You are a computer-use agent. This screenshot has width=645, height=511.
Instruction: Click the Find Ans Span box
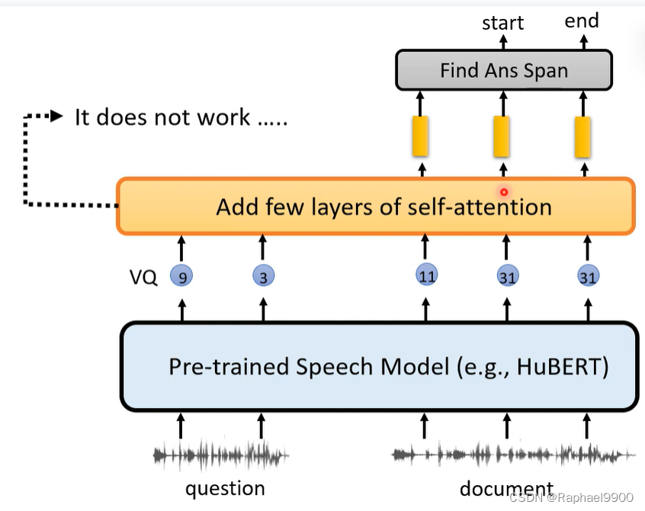pyautogui.click(x=503, y=71)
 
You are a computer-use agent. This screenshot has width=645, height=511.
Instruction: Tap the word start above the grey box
pyautogui.click(x=502, y=23)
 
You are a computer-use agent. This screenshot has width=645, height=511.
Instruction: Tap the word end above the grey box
pyautogui.click(x=581, y=21)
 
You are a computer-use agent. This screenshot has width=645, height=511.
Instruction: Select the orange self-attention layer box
pyautogui.click(x=375, y=207)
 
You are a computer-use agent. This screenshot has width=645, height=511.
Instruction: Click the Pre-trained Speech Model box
pyautogui.click(x=379, y=367)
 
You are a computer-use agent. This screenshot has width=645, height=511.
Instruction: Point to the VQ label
pyautogui.click(x=144, y=278)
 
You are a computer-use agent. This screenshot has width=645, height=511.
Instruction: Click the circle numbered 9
pyautogui.click(x=181, y=277)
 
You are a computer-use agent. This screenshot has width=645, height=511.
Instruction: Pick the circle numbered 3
pyautogui.click(x=263, y=277)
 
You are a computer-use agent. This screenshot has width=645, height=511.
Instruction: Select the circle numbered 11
pyautogui.click(x=426, y=275)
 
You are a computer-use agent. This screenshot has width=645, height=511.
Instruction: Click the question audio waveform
pyautogui.click(x=221, y=455)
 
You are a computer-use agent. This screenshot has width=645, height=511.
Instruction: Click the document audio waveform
pyautogui.click(x=512, y=455)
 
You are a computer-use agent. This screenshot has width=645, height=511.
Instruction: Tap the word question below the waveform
pyautogui.click(x=225, y=488)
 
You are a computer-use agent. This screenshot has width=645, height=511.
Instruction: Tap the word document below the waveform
pyautogui.click(x=505, y=488)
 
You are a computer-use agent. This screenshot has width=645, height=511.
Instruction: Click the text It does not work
pyautogui.click(x=181, y=117)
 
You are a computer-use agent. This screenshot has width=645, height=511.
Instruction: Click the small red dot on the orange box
pyautogui.click(x=503, y=192)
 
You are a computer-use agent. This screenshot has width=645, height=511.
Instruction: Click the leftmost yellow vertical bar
pyautogui.click(x=420, y=135)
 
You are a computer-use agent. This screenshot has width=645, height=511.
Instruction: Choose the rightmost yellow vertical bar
pyautogui.click(x=583, y=135)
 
